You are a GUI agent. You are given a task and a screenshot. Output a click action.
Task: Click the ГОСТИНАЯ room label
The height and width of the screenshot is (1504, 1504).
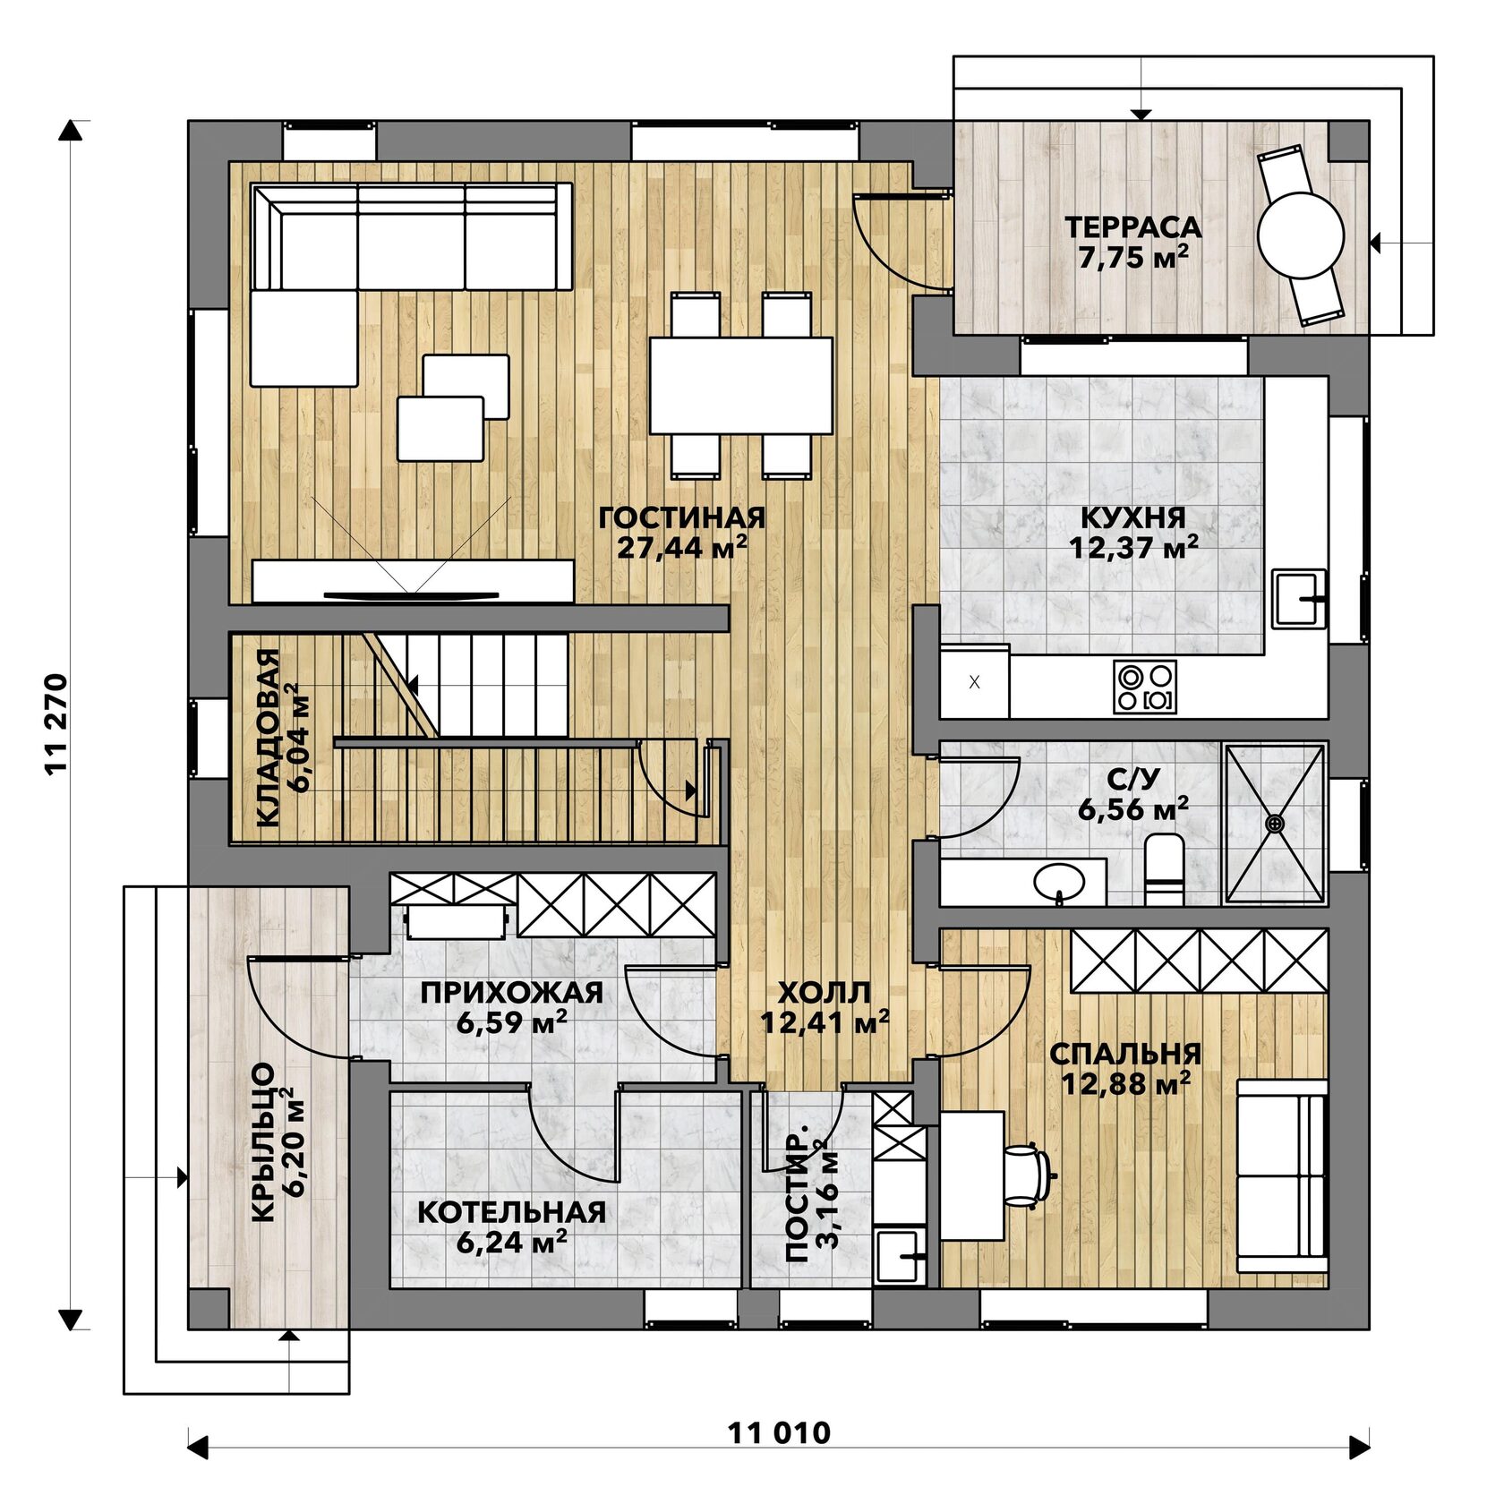(682, 517)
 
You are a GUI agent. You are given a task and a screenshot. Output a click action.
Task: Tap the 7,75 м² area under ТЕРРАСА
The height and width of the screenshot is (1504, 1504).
(1133, 258)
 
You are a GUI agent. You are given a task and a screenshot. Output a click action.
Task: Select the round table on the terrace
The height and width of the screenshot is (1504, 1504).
(1301, 236)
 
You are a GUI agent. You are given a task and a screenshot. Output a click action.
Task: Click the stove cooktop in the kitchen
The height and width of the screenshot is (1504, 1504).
(1145, 687)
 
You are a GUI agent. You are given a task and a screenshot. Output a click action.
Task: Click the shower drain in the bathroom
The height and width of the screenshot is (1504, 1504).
(1275, 822)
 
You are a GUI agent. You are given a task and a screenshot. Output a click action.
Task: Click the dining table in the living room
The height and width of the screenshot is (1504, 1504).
(741, 385)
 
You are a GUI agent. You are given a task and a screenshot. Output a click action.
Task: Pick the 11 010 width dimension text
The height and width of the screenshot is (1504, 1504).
(779, 1433)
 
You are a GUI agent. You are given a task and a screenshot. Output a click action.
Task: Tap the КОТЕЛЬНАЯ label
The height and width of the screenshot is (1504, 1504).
(511, 1212)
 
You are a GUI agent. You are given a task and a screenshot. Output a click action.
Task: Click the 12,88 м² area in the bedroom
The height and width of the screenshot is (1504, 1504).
(1125, 1084)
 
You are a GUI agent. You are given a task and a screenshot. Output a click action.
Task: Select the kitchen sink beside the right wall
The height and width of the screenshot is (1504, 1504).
(1299, 598)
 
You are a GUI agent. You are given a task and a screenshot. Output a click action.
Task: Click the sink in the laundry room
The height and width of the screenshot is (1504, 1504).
(899, 1256)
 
